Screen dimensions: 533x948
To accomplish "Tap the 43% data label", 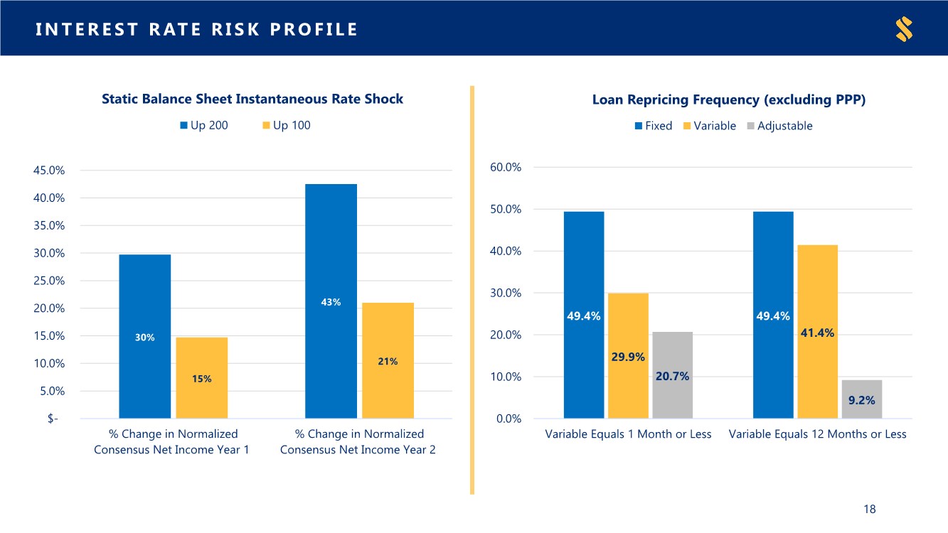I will tap(331, 302).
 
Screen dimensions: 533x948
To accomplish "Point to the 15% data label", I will tap(201, 379).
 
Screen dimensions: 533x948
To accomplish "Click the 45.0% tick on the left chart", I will tap(49, 171).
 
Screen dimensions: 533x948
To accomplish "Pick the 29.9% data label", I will tap(628, 357).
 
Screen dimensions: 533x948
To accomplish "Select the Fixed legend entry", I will tap(653, 126).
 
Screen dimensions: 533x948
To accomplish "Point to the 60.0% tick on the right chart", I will tap(506, 168).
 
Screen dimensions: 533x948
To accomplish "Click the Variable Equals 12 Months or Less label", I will tap(817, 434).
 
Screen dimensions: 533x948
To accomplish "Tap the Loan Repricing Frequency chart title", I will tap(728, 100).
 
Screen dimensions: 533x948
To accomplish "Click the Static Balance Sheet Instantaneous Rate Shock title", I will tap(252, 99).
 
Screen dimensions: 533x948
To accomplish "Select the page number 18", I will tap(869, 509).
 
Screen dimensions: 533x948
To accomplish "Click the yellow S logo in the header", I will tap(904, 29).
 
